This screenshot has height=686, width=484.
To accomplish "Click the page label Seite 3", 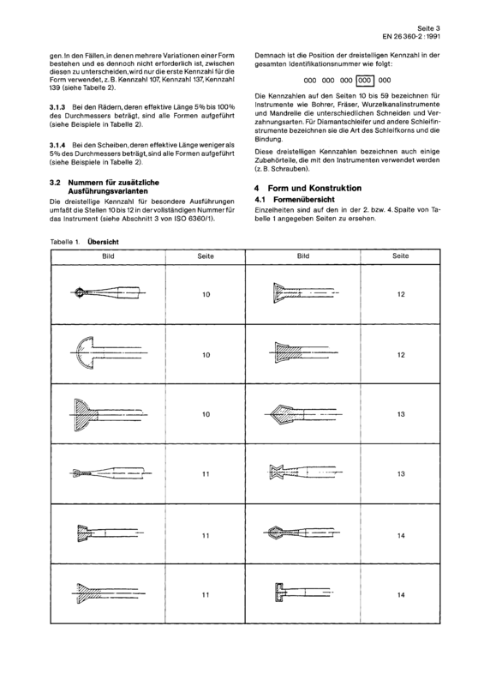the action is [428, 28].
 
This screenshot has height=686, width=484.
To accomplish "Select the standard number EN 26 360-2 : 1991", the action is [411, 37].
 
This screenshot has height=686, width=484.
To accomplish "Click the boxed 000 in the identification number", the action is [366, 81].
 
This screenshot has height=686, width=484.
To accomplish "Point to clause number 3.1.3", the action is [57, 107].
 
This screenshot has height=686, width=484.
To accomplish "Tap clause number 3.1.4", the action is [57, 145].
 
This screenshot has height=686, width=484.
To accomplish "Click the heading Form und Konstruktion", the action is [314, 188].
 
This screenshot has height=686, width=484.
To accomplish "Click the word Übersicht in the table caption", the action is [103, 242].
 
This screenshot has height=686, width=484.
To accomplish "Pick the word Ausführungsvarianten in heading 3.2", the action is [108, 191].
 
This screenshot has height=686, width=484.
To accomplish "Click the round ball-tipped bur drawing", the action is [108, 292].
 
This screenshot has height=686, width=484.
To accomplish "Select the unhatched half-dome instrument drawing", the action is [108, 352].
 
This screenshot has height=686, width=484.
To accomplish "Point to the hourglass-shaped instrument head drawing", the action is [304, 473].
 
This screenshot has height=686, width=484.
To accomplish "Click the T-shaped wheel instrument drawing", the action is [303, 593].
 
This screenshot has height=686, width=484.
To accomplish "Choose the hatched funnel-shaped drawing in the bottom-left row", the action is [108, 593].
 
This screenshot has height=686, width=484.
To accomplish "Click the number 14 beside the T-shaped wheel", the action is [401, 595].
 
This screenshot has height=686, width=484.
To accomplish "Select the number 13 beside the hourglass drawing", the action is [401, 474].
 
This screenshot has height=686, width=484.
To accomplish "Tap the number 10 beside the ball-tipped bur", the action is [206, 294].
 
